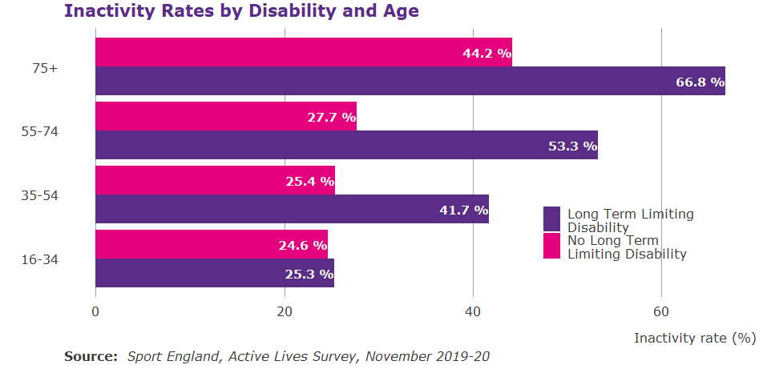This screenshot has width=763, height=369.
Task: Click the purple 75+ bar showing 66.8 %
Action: (x=410, y=81)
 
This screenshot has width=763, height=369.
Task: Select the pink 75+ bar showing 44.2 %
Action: (x=303, y=52)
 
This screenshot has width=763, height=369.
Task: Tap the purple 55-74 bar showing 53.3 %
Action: (x=346, y=145)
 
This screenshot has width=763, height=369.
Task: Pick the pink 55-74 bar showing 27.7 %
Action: (x=225, y=116)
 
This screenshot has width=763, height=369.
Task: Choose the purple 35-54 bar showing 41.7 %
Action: (x=292, y=209)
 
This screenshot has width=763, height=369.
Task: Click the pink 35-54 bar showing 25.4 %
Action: (x=215, y=180)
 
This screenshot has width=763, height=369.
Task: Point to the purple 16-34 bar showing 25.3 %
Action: (x=214, y=273)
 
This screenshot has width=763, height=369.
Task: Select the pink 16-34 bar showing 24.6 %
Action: (x=211, y=244)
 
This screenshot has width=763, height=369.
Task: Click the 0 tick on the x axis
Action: (x=95, y=311)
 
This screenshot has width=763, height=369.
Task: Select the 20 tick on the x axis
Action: (x=284, y=311)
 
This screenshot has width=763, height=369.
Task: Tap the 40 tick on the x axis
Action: (x=473, y=311)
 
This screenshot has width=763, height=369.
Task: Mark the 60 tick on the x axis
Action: (x=661, y=311)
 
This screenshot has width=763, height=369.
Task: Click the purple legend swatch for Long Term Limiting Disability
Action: (x=551, y=219)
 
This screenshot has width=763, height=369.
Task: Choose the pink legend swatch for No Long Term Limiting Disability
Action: (x=551, y=246)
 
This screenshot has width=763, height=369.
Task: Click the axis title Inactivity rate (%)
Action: (x=694, y=338)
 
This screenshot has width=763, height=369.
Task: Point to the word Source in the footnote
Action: (x=91, y=356)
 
